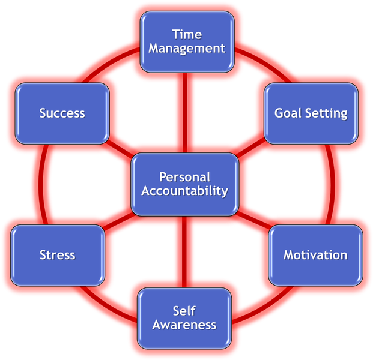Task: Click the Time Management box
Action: click(187, 41)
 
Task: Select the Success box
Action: click(62, 113)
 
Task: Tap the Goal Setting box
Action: click(311, 113)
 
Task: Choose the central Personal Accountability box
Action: click(184, 184)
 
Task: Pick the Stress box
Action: click(58, 254)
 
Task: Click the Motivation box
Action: click(315, 254)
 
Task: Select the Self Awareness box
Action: click(184, 318)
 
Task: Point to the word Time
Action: click(187, 34)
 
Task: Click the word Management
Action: click(187, 49)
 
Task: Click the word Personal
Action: click(184, 177)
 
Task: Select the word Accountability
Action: click(184, 191)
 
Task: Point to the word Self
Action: click(184, 311)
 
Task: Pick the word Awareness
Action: click(184, 325)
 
